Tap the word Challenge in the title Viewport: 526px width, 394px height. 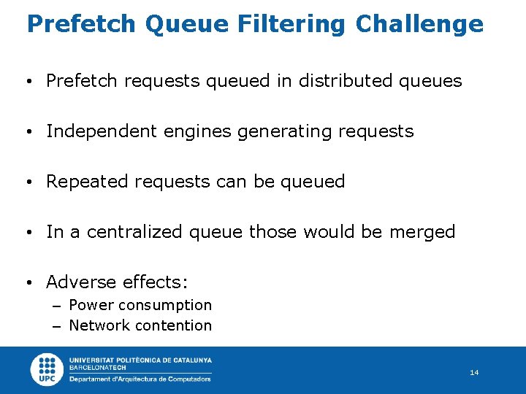419,24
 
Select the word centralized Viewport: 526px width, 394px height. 136,232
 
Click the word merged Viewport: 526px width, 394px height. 422,232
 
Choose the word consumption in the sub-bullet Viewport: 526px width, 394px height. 165,305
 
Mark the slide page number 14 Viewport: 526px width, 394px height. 474,373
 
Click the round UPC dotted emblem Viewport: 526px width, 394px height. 47,369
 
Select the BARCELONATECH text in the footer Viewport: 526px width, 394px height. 97,368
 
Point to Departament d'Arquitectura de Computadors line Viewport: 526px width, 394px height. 140,379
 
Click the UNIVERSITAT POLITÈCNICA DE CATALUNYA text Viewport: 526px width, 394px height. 140,360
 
